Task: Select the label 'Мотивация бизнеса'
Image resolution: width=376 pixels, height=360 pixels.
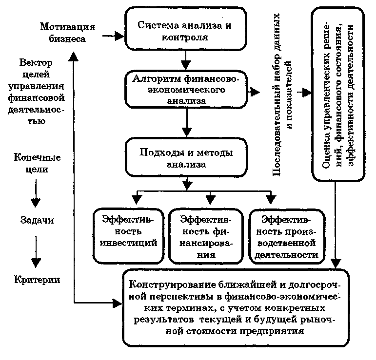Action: (68, 32)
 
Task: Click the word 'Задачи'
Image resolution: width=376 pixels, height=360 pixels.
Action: (37, 220)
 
